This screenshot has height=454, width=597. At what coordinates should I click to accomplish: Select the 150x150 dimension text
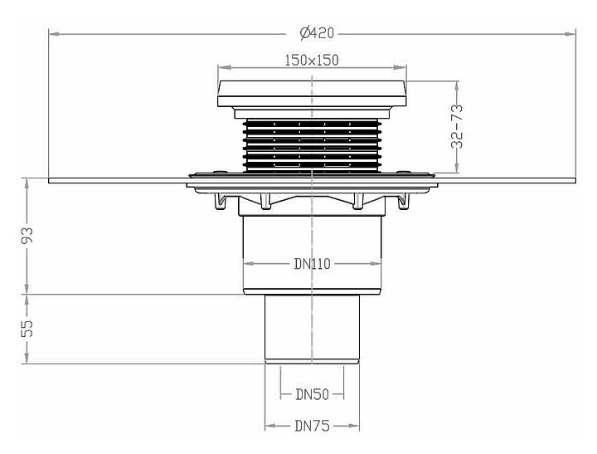312,60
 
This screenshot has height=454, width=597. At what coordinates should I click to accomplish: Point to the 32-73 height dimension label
456,127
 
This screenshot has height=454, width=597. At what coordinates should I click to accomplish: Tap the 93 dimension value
28,236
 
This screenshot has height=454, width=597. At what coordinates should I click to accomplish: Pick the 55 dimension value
28,329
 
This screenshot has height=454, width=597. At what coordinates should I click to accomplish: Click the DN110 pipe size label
312,265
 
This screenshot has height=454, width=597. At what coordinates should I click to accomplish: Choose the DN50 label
312,395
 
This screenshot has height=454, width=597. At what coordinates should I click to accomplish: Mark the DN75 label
312,427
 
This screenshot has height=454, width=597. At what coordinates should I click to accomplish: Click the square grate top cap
312,92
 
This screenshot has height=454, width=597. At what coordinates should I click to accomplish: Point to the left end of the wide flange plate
51,180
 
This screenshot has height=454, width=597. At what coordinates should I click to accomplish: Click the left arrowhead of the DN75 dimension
269,427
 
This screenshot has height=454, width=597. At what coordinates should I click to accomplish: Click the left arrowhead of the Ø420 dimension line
52,33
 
